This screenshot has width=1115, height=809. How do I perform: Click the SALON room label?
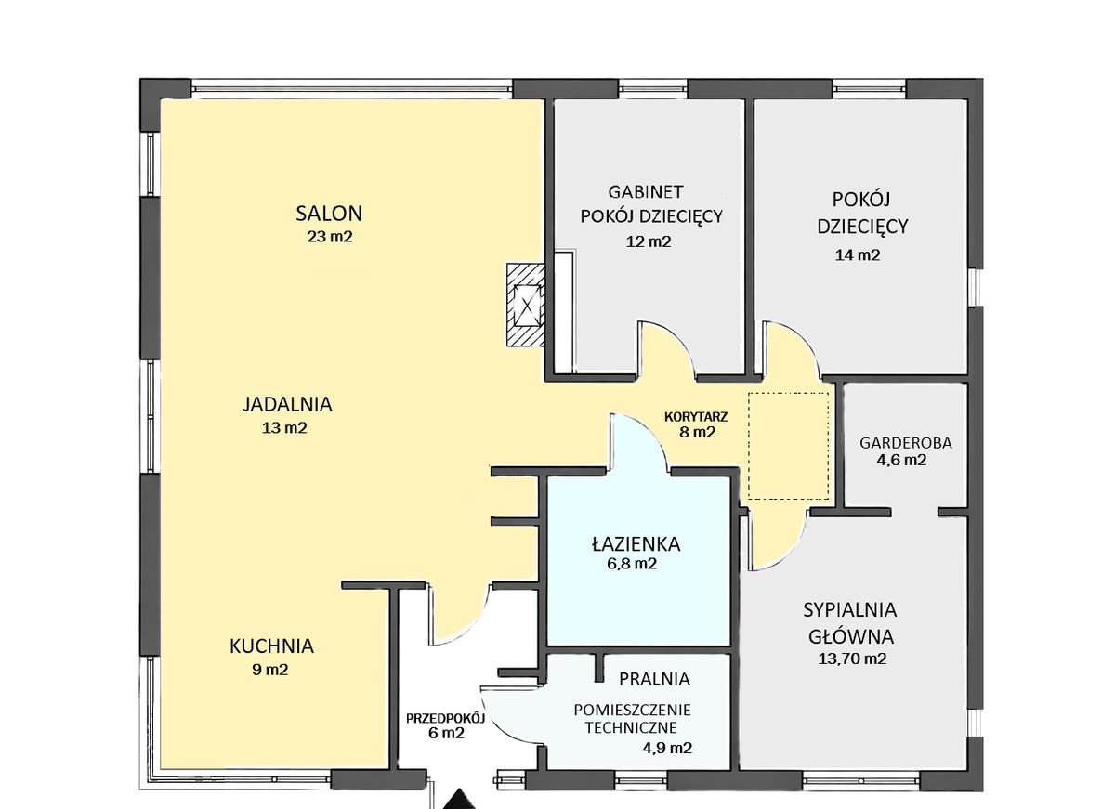pos(329,214)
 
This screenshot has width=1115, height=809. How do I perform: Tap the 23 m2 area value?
pos(330,236)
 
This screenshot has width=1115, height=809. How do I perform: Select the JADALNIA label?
pos(288,404)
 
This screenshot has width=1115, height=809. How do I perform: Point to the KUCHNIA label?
pos(271,646)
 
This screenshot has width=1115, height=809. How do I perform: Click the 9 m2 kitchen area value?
pos(269,670)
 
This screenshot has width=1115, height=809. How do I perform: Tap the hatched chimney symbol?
pos(526,305)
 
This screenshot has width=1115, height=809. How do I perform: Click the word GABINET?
pos(646,191)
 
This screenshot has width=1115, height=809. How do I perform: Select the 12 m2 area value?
pos(649,241)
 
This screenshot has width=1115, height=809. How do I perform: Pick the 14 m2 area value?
pos(857,254)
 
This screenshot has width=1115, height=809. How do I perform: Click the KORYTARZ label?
pos(696,416)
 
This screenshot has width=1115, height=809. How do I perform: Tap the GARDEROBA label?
pos(905,443)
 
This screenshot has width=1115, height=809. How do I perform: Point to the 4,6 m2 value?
pos(901,460)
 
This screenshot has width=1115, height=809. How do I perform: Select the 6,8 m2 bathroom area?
pos(632,564)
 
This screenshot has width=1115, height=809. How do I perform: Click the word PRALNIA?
pos(654,679)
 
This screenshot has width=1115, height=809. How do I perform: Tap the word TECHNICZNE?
pos(631,728)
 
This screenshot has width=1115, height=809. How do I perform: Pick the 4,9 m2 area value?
pos(667,748)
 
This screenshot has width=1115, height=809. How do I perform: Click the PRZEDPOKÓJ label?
pos(445,718)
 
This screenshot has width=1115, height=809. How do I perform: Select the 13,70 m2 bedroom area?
pos(852,659)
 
